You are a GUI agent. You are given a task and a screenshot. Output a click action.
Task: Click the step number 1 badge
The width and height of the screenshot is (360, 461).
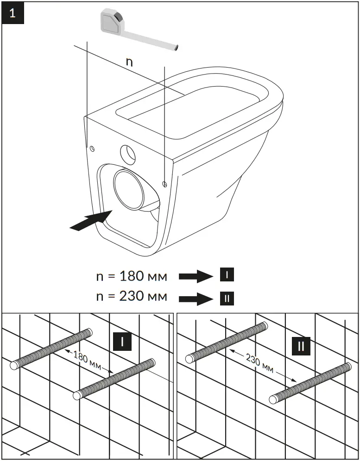coord(12,12)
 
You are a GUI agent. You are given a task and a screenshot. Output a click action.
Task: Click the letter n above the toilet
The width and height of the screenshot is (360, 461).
coord(129,62)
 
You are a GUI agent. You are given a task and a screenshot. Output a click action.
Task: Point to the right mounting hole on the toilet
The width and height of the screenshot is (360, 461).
coord(165,184)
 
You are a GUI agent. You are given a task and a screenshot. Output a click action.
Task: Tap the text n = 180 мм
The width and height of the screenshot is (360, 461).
coord(131,276)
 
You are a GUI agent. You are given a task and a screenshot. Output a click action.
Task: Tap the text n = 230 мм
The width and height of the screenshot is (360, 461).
coord(131,296)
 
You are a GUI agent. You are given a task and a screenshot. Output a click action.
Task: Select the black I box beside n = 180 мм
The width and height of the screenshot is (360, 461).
coord(227,275)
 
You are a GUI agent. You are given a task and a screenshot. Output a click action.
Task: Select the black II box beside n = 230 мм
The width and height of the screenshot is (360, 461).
coord(227,299)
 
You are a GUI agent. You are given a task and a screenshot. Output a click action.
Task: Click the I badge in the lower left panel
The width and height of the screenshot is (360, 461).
coord(122,342)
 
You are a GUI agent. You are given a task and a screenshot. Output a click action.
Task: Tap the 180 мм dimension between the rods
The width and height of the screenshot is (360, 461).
coord(88,361)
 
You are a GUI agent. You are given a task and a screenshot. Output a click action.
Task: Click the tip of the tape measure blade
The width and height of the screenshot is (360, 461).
coord(177,47)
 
